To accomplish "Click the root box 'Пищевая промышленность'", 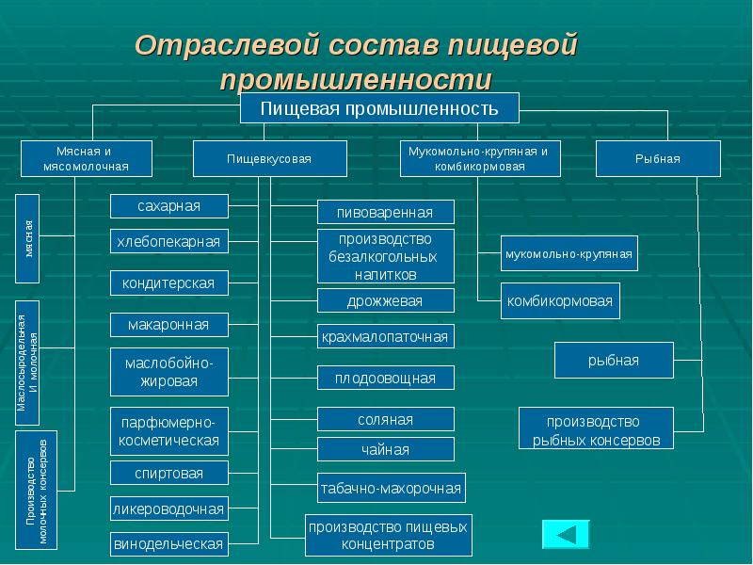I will pos(378,107).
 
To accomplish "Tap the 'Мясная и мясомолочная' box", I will pos(86,159).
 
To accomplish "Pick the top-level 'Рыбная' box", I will pos(658,159).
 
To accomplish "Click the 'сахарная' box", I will pos(168,205).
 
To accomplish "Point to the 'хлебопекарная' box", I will pos(168,242).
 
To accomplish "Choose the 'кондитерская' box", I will pos(168,282).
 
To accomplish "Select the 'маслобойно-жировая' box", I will pos(168,372).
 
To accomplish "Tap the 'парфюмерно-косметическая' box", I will pos(168,431).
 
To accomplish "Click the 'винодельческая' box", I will pos(168,543).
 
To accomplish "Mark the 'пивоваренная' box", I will pos(386,212).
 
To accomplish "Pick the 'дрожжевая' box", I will pos(386,301).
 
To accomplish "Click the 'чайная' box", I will pos(386,449).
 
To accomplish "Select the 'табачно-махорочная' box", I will pos(391,488).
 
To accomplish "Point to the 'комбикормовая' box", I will pos(560,301).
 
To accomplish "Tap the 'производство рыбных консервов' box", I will pos(597,430).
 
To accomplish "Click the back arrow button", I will pos(566,534).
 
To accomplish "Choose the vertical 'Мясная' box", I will pos(29,237).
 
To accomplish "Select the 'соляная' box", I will pos(386,419).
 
